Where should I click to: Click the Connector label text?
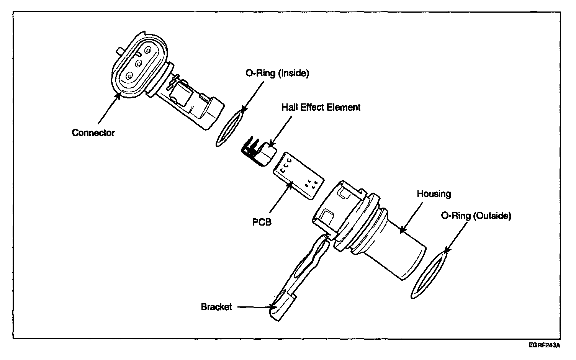(x=93, y=133)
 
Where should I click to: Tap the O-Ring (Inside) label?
(x=277, y=74)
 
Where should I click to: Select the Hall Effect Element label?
(x=321, y=107)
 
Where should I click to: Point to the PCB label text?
(x=262, y=222)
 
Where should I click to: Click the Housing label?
(x=434, y=194)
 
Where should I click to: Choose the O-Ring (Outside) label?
(x=476, y=216)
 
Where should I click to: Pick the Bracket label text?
(x=216, y=307)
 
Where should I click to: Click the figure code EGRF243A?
(x=544, y=345)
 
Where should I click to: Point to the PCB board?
(x=298, y=175)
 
